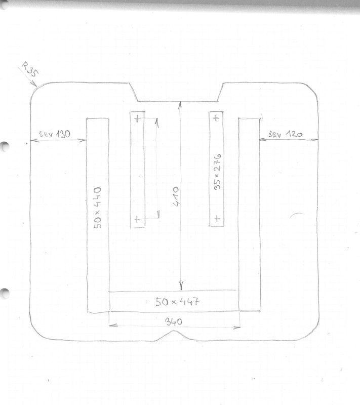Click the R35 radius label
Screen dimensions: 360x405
point(30,69)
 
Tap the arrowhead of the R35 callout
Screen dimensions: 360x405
point(34,84)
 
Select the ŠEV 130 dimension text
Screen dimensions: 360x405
point(55,134)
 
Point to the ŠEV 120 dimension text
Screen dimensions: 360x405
point(286,134)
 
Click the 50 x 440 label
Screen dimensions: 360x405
point(98,208)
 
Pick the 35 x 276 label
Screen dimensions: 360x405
point(217,172)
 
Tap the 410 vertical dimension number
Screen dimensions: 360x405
point(176,196)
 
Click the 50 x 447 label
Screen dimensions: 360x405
point(177,301)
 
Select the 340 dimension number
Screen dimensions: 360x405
point(174,322)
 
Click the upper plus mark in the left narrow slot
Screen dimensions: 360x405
point(137,118)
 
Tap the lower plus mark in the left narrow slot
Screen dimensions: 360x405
point(137,219)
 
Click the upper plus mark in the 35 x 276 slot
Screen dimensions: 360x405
point(216,118)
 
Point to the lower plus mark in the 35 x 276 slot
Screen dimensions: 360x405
point(217,219)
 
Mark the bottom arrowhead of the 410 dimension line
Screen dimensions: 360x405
point(181,286)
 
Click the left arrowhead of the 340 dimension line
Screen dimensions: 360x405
point(113,325)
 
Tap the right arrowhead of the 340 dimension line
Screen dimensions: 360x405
point(237,328)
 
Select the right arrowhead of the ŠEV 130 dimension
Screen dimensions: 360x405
point(83,141)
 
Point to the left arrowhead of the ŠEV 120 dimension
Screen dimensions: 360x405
point(263,140)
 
